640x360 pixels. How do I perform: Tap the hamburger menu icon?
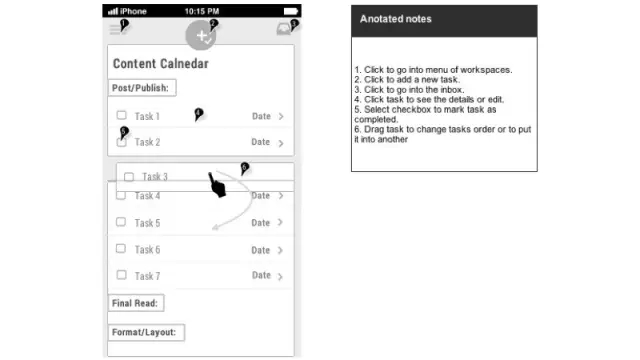point(115,30)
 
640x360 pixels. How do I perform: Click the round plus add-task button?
point(200,36)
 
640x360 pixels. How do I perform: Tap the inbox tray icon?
point(284,29)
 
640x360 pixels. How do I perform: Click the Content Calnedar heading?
point(161,64)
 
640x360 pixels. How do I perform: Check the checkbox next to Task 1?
point(121,115)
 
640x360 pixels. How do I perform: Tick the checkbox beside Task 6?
point(121,249)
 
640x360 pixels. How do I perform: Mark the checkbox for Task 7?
point(121,275)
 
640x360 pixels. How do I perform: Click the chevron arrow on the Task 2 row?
point(281,143)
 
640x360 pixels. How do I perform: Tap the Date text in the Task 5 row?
point(260,223)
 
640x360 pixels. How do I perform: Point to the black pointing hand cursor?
point(217,185)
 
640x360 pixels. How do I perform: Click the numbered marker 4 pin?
point(198,114)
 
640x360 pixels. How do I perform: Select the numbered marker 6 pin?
point(244,168)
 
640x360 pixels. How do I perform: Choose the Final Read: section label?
point(136,303)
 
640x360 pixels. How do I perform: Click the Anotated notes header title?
point(396,19)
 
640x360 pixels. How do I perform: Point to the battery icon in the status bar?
point(291,11)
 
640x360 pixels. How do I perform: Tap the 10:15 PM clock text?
point(202,11)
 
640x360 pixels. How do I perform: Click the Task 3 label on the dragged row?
point(155,177)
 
